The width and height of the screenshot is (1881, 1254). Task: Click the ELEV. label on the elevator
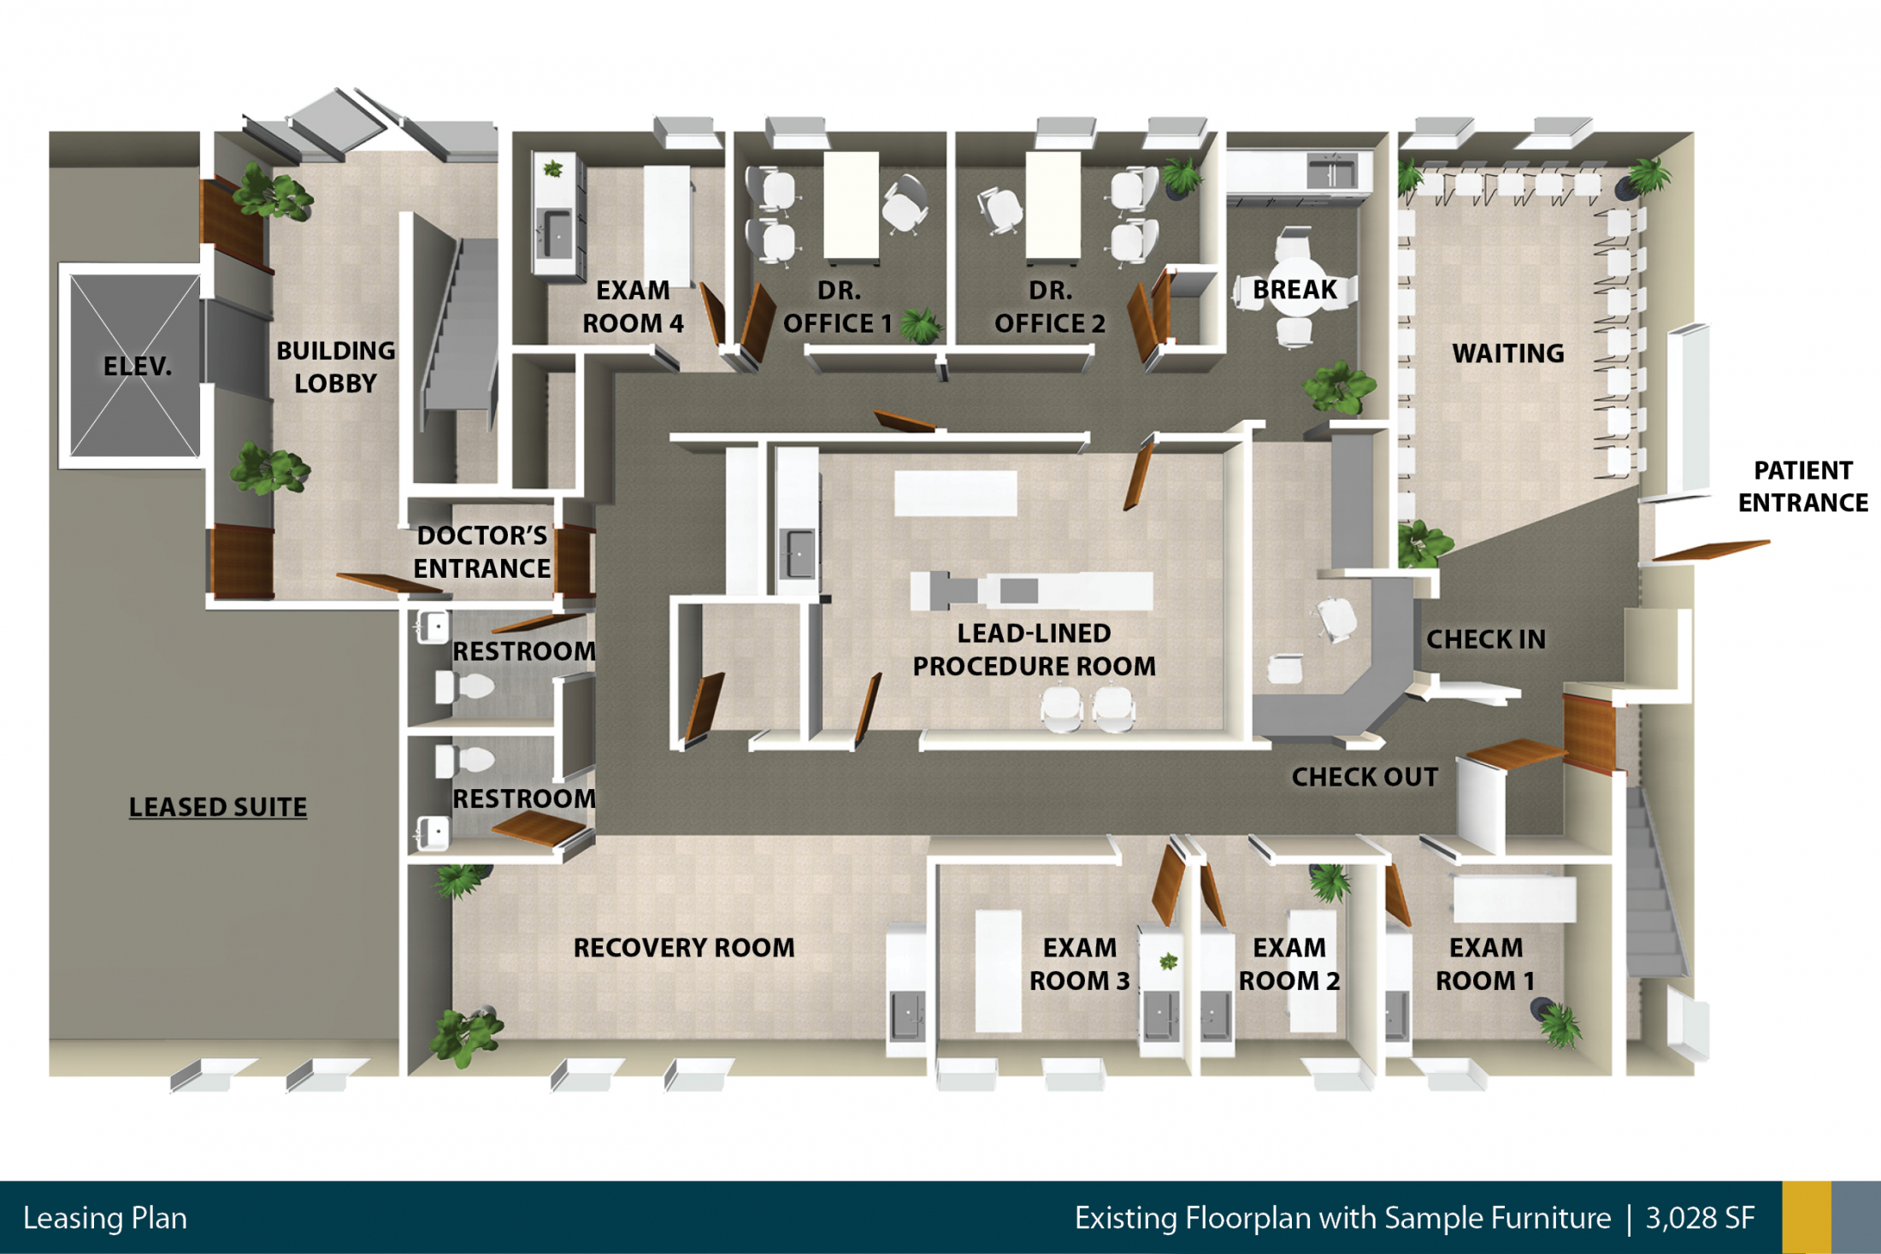pos(138,367)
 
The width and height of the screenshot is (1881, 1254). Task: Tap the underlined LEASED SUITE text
pos(218,807)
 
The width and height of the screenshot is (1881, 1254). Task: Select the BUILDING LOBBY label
pos(336,367)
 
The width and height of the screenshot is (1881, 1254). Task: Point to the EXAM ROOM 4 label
pos(633,307)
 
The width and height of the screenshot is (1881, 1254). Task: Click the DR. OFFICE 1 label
pos(838,307)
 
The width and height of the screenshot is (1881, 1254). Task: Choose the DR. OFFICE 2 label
pos(1050,307)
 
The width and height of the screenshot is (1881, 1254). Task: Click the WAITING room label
pos(1508,353)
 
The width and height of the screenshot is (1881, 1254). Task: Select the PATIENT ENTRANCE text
pos(1803,486)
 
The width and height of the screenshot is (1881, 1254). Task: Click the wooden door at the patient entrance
pos(1710,550)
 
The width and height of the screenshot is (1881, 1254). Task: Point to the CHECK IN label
pos(1486,639)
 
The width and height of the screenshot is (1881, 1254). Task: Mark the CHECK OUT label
pos(1365,777)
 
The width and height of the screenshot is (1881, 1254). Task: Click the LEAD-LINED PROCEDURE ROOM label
pos(1035,650)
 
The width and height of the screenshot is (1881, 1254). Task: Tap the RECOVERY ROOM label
pos(684,948)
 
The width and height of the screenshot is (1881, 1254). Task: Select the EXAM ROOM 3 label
pos(1080,964)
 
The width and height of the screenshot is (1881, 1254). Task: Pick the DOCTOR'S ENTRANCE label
pos(482,552)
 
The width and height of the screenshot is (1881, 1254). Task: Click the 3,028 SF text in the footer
pos(1700,1218)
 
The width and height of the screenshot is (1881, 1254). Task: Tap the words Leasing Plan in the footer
pos(105,1218)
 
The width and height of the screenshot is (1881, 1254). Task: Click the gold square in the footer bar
pos(1807,1217)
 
